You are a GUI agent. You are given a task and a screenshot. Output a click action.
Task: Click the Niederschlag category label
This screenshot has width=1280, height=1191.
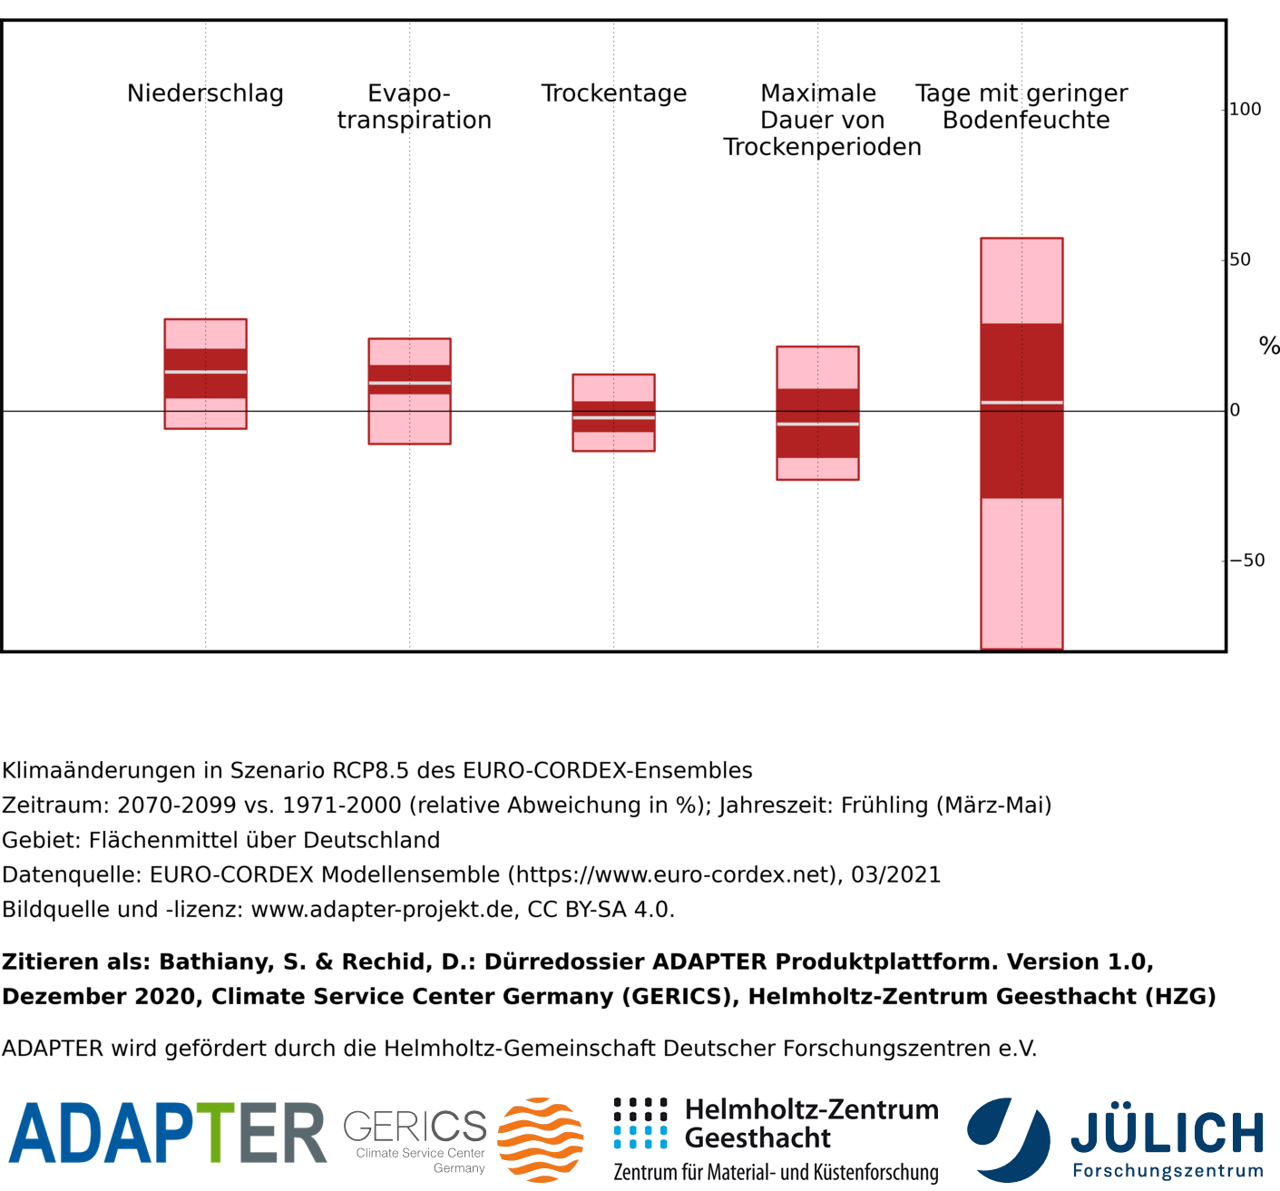(x=205, y=93)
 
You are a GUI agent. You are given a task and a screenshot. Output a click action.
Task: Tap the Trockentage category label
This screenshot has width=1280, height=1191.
(x=614, y=93)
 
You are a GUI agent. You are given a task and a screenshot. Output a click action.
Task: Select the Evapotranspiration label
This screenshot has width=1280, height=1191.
(x=414, y=107)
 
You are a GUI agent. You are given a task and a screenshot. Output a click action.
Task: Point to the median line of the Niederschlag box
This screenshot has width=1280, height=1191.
(x=206, y=372)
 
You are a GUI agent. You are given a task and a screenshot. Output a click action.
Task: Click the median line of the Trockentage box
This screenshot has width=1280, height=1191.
(x=614, y=417)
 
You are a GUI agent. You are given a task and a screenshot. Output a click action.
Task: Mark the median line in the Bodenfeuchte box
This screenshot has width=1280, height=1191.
(x=1021, y=402)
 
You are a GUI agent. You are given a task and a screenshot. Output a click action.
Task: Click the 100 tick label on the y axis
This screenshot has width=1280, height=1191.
(x=1246, y=109)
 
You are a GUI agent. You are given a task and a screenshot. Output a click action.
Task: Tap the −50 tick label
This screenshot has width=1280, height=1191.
(x=1247, y=561)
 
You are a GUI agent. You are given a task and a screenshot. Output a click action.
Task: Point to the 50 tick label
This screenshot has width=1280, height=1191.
(x=1240, y=259)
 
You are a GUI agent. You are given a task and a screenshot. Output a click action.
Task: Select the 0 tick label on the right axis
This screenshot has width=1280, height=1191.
(x=1235, y=410)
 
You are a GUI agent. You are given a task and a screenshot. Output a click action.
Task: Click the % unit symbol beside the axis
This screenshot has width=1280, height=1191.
(x=1269, y=346)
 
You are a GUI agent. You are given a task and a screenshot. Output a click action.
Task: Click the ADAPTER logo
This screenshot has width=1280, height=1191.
(x=168, y=1134)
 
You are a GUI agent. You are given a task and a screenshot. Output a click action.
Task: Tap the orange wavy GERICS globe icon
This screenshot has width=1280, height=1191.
(x=541, y=1139)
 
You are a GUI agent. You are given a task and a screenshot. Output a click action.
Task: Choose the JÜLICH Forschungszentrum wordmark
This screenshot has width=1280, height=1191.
(x=1168, y=1140)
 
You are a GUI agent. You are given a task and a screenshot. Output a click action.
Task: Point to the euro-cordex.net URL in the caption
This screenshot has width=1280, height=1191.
(x=672, y=874)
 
